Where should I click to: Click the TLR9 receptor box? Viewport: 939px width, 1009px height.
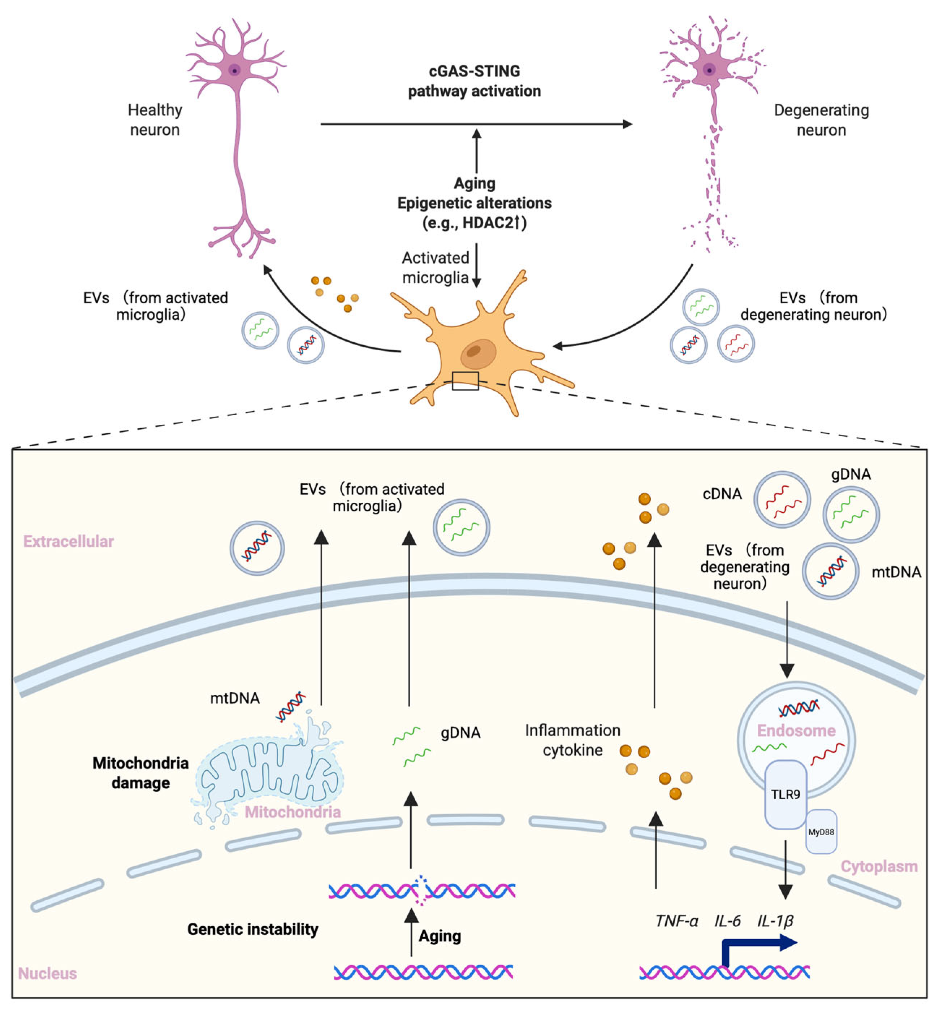[x=785, y=794]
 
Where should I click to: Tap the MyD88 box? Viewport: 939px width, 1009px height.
[x=821, y=831]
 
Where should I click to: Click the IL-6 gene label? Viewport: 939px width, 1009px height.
[x=727, y=920]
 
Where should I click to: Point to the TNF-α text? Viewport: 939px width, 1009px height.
[x=676, y=920]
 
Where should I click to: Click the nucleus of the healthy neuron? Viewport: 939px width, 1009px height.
[x=234, y=70]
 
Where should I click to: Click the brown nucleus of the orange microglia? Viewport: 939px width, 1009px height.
[x=477, y=353]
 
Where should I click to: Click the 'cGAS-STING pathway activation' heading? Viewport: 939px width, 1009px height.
[x=474, y=81]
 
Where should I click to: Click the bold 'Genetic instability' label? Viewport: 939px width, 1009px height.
[x=252, y=929]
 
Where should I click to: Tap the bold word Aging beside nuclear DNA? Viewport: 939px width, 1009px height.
[x=440, y=935]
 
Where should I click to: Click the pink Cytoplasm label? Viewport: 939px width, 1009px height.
[x=879, y=866]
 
